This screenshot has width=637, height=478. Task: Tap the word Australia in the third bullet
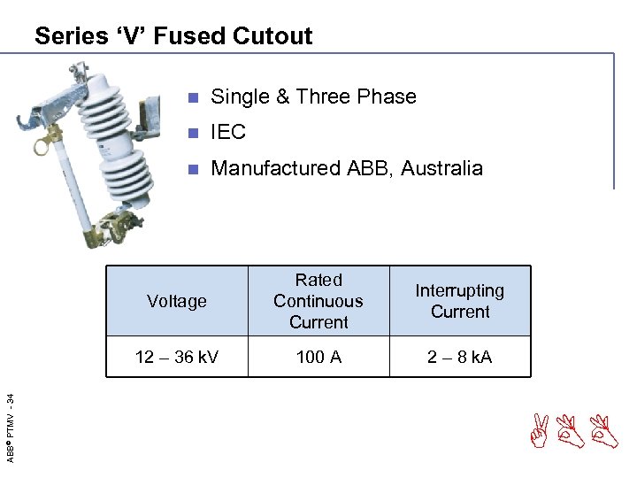pos(441,168)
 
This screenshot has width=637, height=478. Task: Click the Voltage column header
pos(177,301)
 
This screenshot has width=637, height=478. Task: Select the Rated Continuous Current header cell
pos(318,301)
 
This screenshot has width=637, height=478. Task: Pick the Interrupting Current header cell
pos(460,301)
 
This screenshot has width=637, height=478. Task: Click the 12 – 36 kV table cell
pos(177,357)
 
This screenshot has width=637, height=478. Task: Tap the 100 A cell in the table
pos(318,357)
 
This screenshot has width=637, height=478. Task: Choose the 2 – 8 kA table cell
pos(460,357)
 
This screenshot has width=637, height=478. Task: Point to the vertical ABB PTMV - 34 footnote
pos(11,415)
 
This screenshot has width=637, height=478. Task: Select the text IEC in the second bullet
pos(228,133)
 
